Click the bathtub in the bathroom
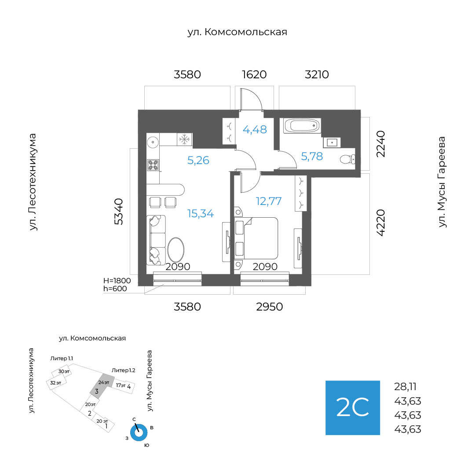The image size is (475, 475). (x=302, y=126)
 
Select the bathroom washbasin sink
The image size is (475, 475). (x=331, y=142)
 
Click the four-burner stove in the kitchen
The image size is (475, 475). (x=153, y=165)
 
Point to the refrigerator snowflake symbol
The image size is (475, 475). (x=184, y=140)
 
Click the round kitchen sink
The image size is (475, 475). (x=153, y=142)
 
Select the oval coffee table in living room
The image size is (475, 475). (x=177, y=251)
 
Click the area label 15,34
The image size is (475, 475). (x=201, y=214)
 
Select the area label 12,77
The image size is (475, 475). (x=269, y=201)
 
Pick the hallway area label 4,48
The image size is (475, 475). (x=255, y=130)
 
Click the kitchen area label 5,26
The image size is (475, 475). (x=198, y=160)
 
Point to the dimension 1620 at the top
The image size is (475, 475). (x=254, y=74)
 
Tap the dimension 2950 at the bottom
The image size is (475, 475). (x=270, y=307)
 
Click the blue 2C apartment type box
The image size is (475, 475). (x=352, y=408)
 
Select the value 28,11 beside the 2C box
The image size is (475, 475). (x=405, y=387)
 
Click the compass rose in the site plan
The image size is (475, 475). (x=139, y=432)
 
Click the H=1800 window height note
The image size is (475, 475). (x=117, y=280)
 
